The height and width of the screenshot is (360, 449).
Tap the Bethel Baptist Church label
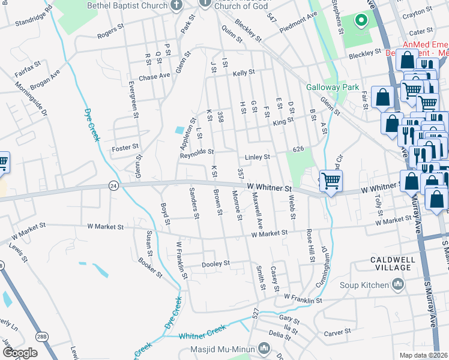click(x=127, y=5)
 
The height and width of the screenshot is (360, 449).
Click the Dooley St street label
click(x=215, y=263)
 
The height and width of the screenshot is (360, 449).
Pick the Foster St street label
click(x=126, y=146)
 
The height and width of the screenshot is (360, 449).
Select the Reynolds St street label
click(x=197, y=153)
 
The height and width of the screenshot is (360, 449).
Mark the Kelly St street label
click(x=244, y=73)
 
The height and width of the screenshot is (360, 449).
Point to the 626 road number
click(x=298, y=149)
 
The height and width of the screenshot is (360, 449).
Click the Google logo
click(x=20, y=353)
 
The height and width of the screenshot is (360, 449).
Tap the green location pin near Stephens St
click(x=361, y=21)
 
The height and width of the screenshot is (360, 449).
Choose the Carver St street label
click(x=338, y=332)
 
